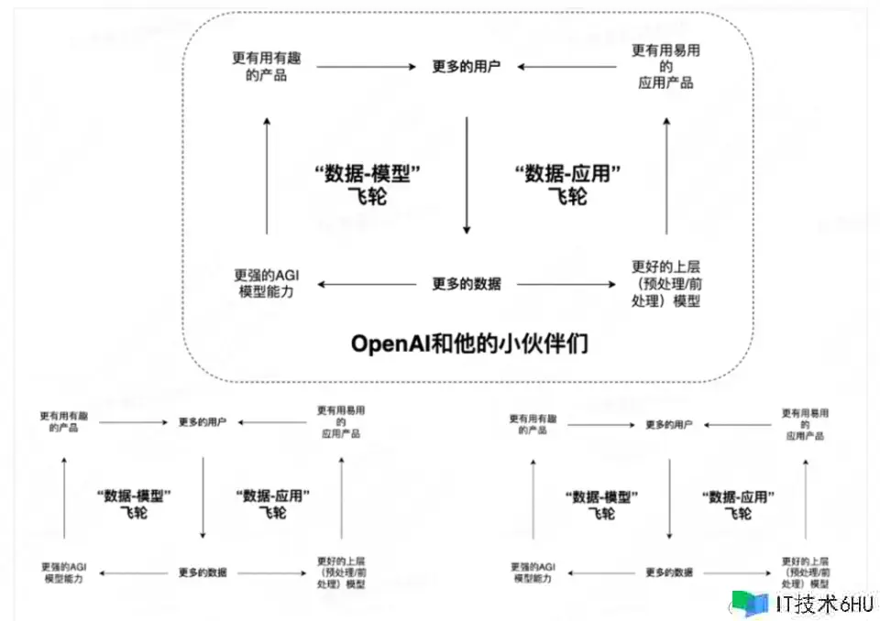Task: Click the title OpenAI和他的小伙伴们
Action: coord(469,345)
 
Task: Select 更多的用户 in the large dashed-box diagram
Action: coord(467,67)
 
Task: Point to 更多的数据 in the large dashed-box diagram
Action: coord(467,284)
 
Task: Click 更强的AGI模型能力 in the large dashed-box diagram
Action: coord(265,283)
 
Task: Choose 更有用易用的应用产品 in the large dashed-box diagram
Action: coord(665,67)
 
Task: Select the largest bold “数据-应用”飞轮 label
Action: coord(568,183)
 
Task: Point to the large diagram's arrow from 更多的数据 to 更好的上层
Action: coord(566,284)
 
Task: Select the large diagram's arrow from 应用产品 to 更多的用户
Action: coord(566,67)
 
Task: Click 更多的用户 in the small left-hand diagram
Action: coord(203,422)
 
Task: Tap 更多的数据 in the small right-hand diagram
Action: coord(669,572)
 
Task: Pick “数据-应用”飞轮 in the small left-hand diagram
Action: coord(272,504)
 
